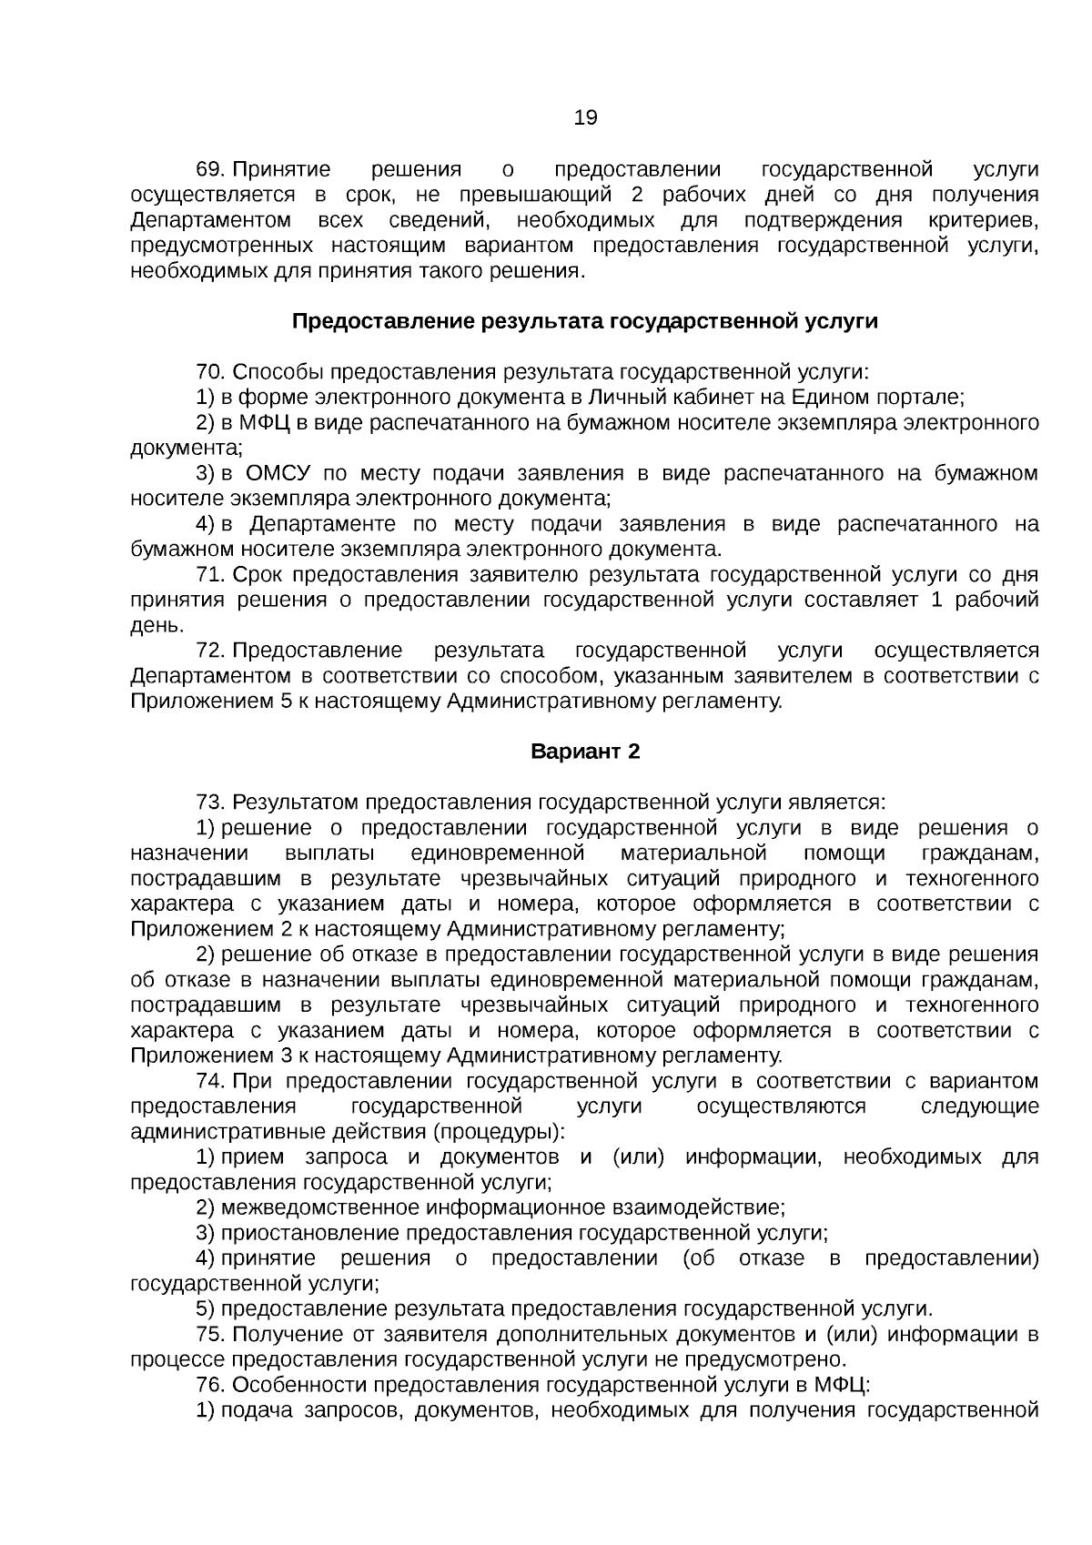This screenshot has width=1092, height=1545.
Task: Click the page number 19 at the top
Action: (585, 117)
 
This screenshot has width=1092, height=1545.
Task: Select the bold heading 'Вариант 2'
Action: (585, 752)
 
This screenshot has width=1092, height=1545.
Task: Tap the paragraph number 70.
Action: (209, 372)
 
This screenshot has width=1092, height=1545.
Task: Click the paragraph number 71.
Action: (209, 575)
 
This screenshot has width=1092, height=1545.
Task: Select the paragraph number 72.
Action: (209, 651)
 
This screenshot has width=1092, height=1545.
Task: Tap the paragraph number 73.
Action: (209, 803)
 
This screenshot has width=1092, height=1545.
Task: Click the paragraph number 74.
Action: (209, 1081)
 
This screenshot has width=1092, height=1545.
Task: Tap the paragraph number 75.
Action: (209, 1334)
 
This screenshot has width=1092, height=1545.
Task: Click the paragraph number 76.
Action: (209, 1385)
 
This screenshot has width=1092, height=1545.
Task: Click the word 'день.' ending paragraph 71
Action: (157, 626)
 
